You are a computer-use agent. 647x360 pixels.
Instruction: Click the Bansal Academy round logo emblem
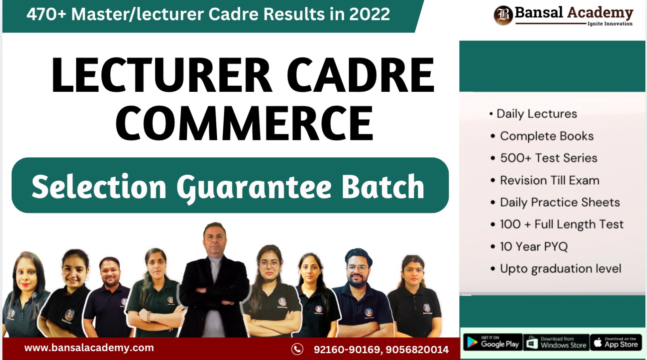(x=503, y=15)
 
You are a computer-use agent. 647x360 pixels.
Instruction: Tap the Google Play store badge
(x=493, y=342)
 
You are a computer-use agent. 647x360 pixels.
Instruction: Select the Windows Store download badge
(x=556, y=342)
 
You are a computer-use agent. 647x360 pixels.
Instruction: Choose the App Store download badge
(x=615, y=342)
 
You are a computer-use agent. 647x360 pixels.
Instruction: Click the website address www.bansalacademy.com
(x=89, y=348)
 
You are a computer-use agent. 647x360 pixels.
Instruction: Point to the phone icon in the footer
(x=297, y=349)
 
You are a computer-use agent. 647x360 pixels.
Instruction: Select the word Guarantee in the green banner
(x=254, y=187)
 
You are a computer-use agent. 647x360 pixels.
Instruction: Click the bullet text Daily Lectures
(x=536, y=114)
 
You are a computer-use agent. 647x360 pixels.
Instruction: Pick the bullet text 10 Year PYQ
(x=533, y=246)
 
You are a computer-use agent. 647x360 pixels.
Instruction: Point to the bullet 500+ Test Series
(x=548, y=158)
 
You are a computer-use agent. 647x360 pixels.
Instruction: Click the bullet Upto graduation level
(x=560, y=269)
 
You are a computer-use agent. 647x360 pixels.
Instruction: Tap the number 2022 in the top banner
(x=370, y=15)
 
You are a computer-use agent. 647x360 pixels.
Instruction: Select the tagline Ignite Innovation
(x=610, y=24)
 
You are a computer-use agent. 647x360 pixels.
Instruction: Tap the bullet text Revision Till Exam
(x=550, y=180)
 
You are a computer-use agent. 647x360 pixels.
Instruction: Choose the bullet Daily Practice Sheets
(x=560, y=202)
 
